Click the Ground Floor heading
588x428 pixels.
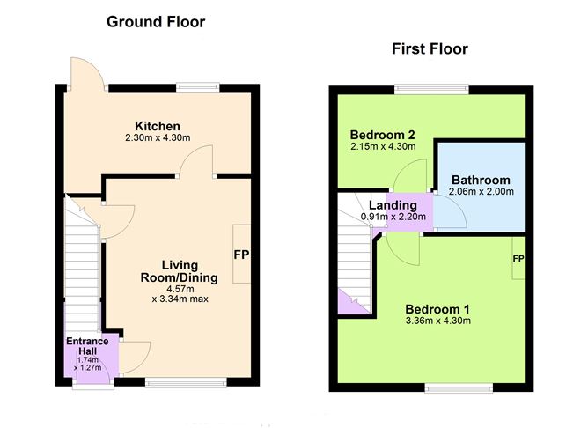point(156,21)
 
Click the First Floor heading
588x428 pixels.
point(430,49)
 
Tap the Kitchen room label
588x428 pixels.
point(158,126)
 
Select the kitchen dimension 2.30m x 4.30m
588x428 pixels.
point(158,138)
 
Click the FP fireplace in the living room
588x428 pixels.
point(242,255)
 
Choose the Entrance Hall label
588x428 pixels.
point(87,345)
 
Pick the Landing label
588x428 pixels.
point(393,205)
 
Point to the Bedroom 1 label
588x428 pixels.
point(437,309)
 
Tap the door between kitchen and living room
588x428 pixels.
point(196,164)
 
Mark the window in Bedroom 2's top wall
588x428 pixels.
point(430,87)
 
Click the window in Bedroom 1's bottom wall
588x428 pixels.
point(459,387)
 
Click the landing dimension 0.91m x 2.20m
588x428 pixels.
point(393,217)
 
